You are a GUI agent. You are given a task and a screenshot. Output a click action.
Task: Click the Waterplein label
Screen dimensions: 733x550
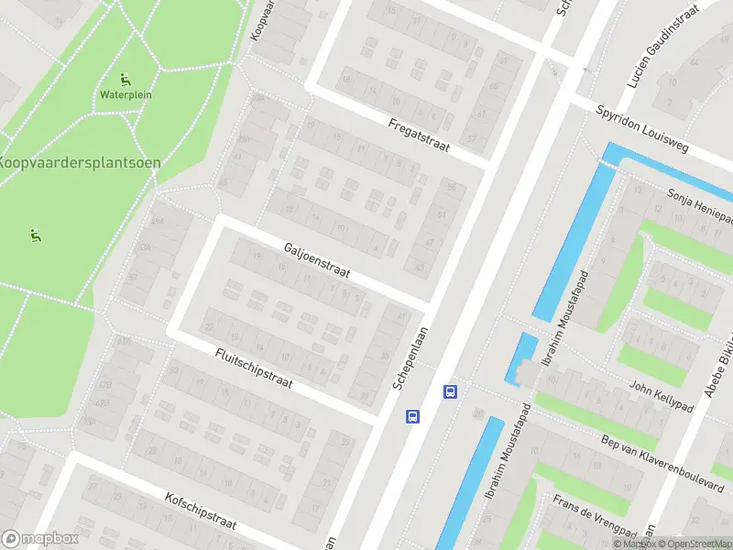pos(126,94)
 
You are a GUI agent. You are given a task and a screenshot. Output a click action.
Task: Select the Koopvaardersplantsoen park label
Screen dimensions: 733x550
pos(80,162)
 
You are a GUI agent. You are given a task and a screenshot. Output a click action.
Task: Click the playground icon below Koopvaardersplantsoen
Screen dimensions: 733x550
pos(36,236)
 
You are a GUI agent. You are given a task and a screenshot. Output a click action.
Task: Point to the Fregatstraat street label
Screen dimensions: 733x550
pos(419,136)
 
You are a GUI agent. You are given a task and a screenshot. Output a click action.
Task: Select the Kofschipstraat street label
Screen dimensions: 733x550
pos(201,512)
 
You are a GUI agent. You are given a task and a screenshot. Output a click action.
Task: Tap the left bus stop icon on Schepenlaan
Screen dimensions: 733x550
pos(412,416)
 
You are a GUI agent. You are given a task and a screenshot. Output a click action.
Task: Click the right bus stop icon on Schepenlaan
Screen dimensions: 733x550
pos(450,391)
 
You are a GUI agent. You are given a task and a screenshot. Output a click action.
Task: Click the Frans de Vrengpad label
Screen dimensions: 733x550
pos(594,518)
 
